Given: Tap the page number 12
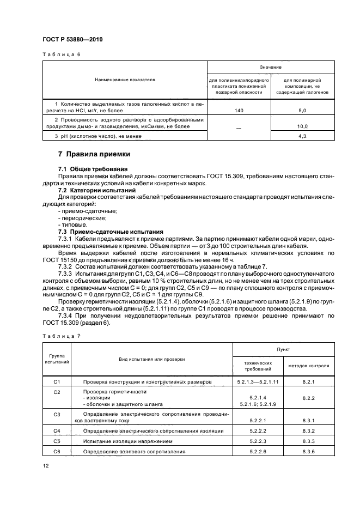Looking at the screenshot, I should click(45, 465).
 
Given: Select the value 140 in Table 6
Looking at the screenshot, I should click(240, 110).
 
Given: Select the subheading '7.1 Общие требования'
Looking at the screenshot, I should click(93, 169).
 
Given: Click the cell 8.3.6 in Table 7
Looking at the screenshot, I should click(308, 451).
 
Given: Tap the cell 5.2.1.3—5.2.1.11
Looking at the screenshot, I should click(256, 382).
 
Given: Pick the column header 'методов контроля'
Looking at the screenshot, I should click(308, 366).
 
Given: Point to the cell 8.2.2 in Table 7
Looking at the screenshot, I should click(308, 398).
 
